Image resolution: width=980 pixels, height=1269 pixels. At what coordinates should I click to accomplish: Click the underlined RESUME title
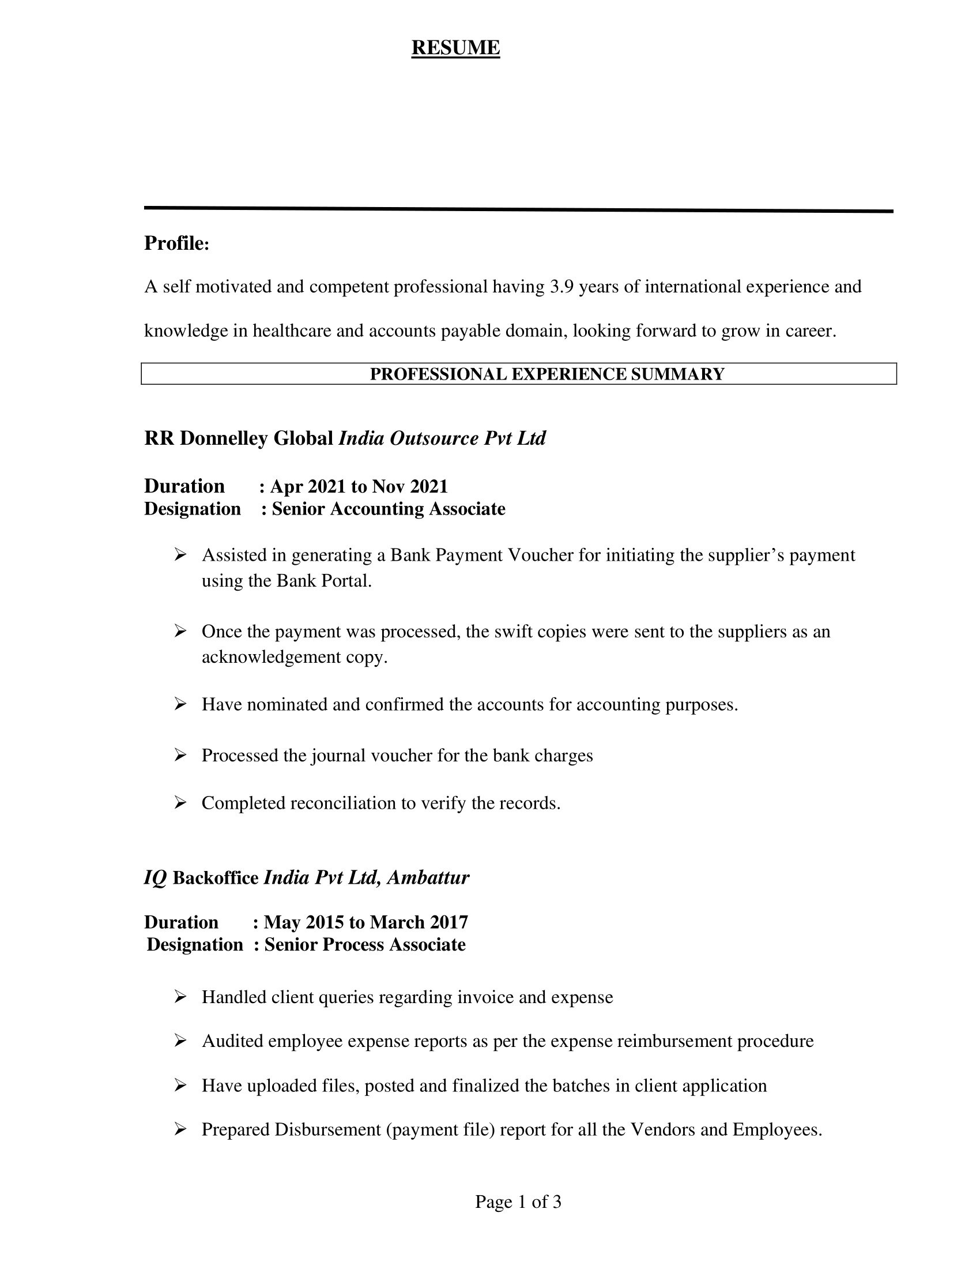455,48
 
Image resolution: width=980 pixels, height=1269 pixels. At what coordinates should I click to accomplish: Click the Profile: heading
176,243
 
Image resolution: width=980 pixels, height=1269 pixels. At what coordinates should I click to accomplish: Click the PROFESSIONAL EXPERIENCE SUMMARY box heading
547,374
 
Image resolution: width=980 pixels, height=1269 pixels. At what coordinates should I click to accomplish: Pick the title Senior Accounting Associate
389,509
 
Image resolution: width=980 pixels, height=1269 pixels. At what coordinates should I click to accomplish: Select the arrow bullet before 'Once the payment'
180,631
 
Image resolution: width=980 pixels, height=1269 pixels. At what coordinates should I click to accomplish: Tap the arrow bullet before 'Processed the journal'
180,756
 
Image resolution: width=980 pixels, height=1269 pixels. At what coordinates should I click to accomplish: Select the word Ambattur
428,877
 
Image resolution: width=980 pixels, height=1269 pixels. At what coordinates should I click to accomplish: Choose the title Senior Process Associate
364,945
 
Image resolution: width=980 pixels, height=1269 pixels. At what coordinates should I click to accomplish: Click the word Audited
232,1041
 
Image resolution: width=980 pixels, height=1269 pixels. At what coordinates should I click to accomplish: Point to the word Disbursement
327,1129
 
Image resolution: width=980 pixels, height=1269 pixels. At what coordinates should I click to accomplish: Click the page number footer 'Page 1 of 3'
518,1202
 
